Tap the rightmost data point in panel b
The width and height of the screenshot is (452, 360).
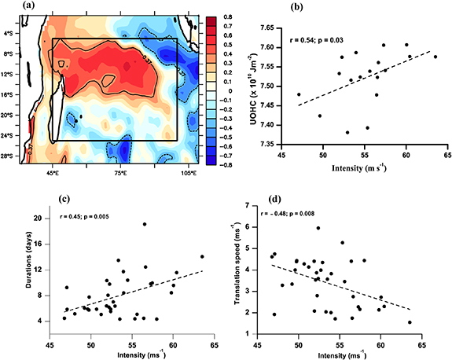point(435,57)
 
